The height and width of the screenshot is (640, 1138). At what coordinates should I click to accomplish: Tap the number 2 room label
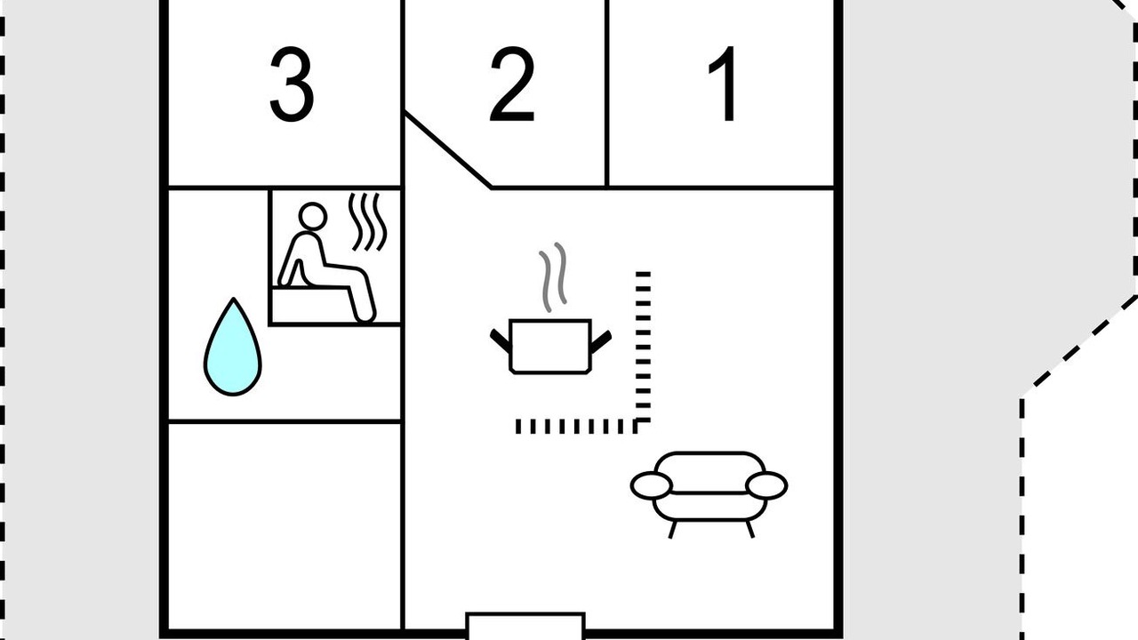point(512,84)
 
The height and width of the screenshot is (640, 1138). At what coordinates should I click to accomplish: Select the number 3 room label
point(291,84)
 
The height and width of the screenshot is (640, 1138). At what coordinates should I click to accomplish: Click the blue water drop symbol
point(233,348)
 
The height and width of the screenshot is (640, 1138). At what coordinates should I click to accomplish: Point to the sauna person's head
point(312,216)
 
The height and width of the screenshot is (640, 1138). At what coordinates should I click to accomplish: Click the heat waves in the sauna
point(367,221)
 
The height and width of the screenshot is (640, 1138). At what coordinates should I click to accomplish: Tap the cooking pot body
point(550,347)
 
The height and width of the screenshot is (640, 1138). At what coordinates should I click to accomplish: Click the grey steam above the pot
point(553,277)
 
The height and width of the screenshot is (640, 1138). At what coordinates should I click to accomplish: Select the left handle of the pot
point(501,340)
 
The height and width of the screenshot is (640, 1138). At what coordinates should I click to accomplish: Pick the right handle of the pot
point(600,341)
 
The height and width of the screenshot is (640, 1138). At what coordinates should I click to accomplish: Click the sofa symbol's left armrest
point(652,485)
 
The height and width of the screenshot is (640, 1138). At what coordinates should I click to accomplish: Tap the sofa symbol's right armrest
point(766,485)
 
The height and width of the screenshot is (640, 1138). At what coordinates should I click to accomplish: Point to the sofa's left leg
point(673,529)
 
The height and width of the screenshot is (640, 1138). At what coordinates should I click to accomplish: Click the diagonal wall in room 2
point(447,149)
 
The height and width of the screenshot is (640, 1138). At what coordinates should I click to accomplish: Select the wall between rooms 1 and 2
point(607,93)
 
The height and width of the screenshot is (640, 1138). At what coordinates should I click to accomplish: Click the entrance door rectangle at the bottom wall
point(525,627)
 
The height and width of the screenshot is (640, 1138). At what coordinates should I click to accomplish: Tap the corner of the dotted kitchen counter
point(643,427)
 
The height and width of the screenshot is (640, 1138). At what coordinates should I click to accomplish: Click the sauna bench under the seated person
point(311,305)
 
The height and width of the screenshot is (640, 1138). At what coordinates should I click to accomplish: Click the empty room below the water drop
point(284,526)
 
